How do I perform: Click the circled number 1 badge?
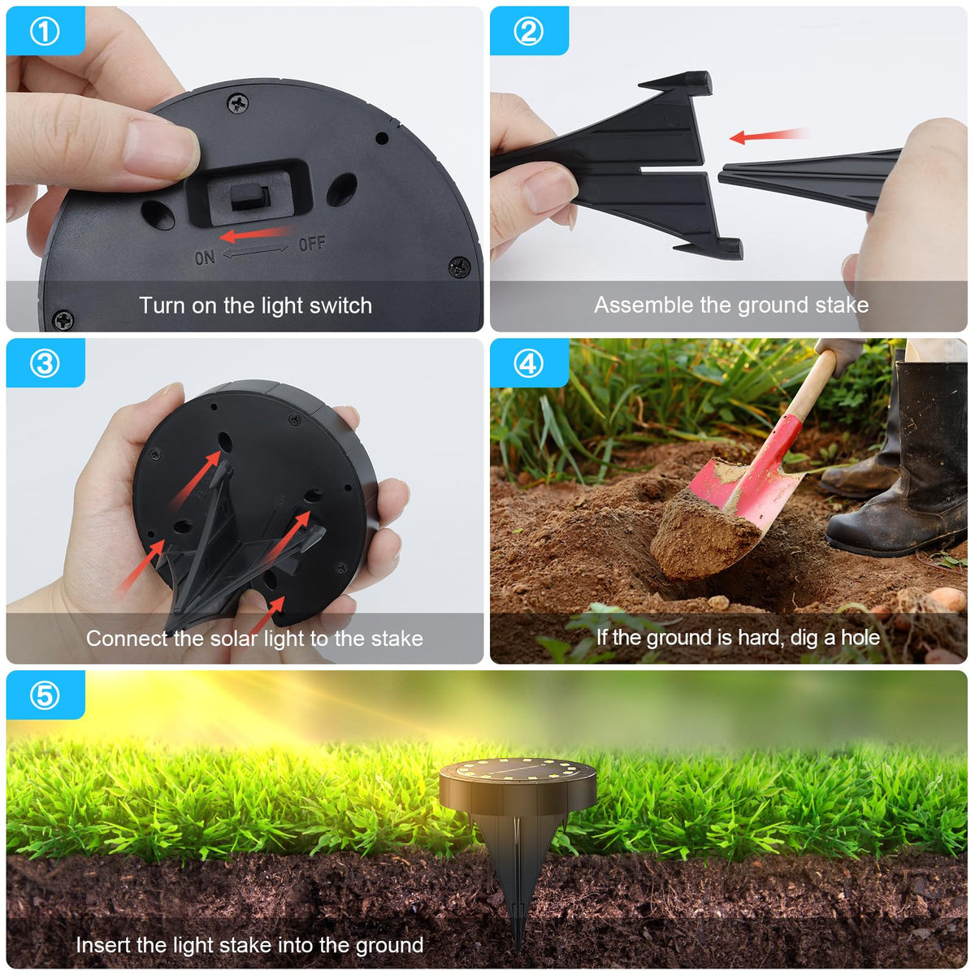45,32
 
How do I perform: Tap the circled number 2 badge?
529,32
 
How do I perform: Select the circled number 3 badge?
45,363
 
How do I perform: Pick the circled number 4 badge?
529,363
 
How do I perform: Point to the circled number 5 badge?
45,695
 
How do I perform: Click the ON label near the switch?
205,258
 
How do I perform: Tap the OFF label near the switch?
312,244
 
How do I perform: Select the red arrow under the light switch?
257,234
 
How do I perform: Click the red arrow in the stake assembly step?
768,135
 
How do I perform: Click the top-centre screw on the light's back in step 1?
238,103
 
